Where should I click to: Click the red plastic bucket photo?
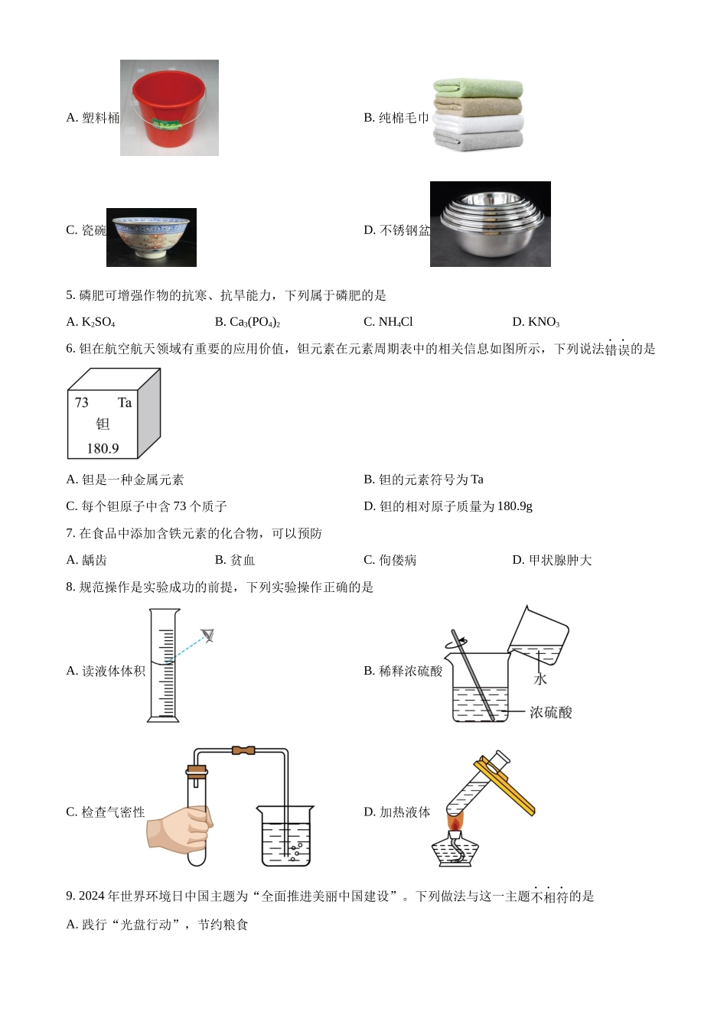(169, 107)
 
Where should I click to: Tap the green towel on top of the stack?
(478, 88)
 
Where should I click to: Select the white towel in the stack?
(478, 123)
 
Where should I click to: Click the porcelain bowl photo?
(152, 237)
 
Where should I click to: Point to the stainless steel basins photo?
(490, 224)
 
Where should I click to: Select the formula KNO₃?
(544, 322)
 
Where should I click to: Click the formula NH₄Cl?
(396, 322)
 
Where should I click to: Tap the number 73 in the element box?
(82, 402)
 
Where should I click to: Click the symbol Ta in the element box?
(125, 402)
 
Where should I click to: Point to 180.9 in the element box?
(103, 448)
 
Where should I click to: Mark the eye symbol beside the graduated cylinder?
(208, 636)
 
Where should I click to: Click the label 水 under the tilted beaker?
(540, 678)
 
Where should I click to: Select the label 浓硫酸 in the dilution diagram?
(551, 712)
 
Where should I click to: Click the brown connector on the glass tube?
(243, 751)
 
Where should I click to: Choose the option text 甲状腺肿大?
(560, 560)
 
